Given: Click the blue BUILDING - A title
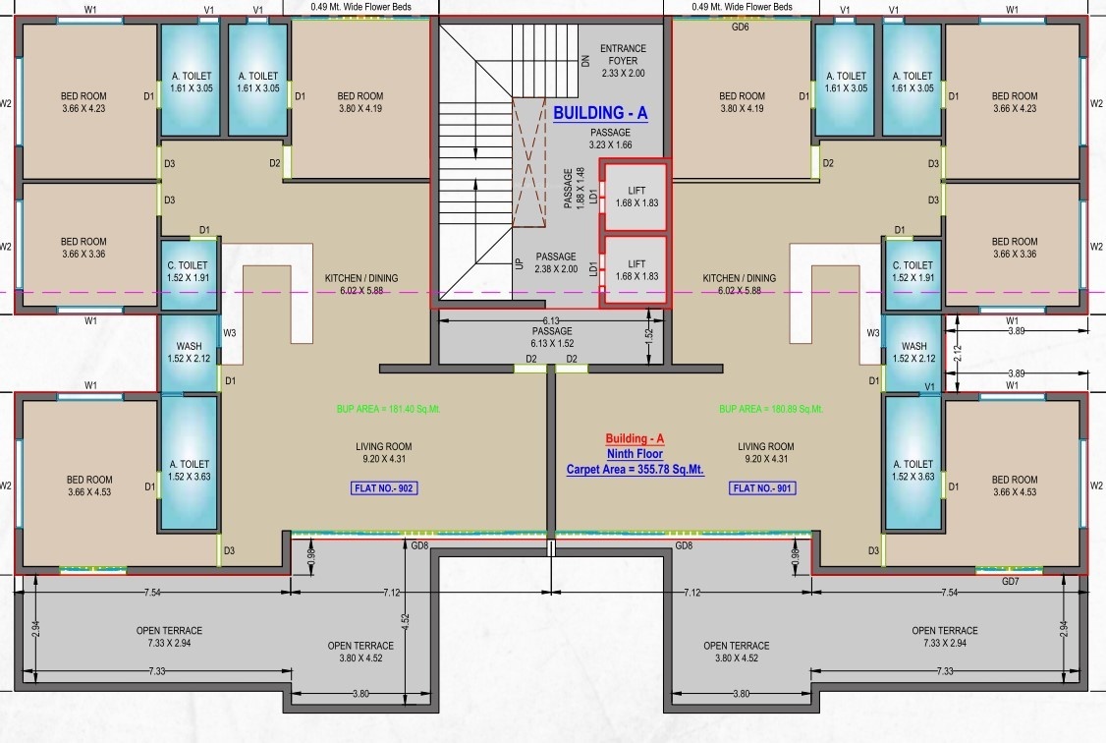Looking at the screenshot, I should click(x=600, y=113).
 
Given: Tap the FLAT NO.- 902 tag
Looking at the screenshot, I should click(x=384, y=487).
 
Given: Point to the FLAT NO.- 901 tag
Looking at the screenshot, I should click(x=762, y=487).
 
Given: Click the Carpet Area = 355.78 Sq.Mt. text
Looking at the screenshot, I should click(x=635, y=470).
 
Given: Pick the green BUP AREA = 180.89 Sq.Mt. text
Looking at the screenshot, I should click(x=771, y=408).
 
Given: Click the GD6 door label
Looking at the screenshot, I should click(x=741, y=28).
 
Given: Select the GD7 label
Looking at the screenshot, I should click(x=1010, y=582).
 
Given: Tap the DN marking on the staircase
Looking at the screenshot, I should click(x=585, y=59).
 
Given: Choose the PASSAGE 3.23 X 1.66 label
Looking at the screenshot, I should click(x=610, y=139).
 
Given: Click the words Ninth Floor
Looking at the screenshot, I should click(x=634, y=454).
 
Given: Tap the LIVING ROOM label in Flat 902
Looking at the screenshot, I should click(x=383, y=452).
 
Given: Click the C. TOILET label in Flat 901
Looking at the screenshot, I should click(x=912, y=271).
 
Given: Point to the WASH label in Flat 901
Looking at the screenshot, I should click(x=913, y=352).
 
